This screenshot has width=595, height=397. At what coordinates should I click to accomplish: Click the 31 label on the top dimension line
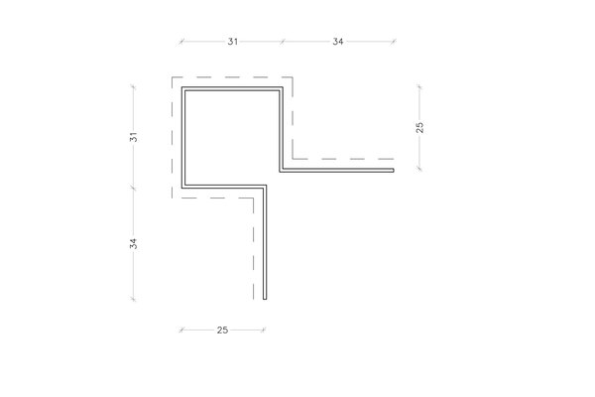pos(233,42)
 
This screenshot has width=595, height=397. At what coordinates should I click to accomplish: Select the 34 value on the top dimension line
pos(338,42)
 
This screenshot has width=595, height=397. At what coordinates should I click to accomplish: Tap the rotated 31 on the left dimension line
pos(133,137)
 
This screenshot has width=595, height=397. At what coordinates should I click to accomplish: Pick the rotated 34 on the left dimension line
pos(133,244)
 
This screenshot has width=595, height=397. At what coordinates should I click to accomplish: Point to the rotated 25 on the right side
pos(419,128)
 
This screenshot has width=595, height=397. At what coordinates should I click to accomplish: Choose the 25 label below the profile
pos(222,331)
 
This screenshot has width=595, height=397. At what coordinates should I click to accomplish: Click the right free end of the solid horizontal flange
pos(394,171)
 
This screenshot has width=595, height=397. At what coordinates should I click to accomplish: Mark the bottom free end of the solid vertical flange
pos(265,299)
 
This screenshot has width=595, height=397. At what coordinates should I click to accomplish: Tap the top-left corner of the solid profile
pos(182,87)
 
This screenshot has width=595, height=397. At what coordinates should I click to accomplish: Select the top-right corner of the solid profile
pos(283,87)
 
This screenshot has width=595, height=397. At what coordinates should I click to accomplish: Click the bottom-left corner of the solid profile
pos(182,188)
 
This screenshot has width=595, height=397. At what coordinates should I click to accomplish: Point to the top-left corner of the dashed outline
pos(173,77)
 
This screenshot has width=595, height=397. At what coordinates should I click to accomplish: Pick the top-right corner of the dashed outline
pos(293,77)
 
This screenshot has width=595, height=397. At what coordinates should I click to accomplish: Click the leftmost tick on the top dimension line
pos(181,42)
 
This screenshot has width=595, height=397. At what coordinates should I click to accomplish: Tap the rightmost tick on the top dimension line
pos(394,42)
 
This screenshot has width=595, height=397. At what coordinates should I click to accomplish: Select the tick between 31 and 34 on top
pos(282,42)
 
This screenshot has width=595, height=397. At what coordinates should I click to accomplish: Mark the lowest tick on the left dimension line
pos(133,299)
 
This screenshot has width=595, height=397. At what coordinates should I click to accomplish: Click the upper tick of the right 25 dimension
pos(419,87)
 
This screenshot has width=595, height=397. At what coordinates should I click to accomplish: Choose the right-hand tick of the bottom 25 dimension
pos(264,330)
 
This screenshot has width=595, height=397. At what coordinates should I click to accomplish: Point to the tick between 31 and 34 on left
pos(133,188)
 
